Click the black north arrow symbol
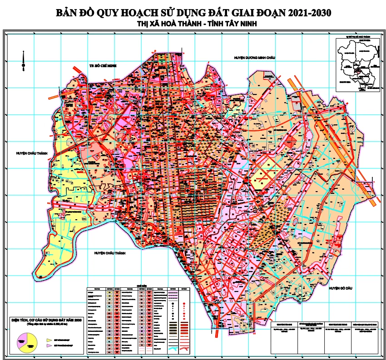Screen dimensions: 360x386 (x=23, y=61)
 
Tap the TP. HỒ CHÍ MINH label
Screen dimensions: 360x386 (x=103, y=66)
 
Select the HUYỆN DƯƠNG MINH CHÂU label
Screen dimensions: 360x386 (x=255, y=58)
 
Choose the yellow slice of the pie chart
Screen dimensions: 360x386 (x=29, y=340)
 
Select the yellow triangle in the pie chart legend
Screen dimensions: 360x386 (x=49, y=340)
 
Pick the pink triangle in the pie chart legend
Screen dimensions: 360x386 (x=49, y=346)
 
